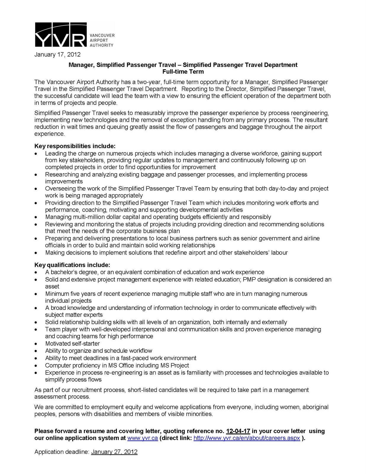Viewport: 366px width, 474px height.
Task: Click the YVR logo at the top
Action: click(x=61, y=35)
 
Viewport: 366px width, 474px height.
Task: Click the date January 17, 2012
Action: click(x=57, y=55)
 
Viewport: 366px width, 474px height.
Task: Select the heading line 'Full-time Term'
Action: click(x=183, y=71)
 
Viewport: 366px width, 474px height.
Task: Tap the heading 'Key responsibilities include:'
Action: click(x=75, y=146)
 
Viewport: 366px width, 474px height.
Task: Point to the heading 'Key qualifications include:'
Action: click(x=72, y=265)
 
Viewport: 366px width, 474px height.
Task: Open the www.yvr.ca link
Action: click(x=142, y=438)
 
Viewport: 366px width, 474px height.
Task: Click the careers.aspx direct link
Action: click(x=246, y=438)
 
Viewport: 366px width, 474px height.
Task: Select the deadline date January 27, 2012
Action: click(x=114, y=452)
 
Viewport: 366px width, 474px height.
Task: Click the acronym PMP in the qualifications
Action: click(x=249, y=279)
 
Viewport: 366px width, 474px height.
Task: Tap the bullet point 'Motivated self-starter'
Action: click(x=72, y=344)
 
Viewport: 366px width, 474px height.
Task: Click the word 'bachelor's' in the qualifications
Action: click(x=64, y=272)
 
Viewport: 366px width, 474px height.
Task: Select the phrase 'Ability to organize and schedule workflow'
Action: click(x=99, y=351)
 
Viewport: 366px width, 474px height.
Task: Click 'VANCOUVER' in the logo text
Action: click(x=102, y=35)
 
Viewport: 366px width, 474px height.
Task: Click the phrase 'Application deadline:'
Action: click(x=62, y=452)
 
